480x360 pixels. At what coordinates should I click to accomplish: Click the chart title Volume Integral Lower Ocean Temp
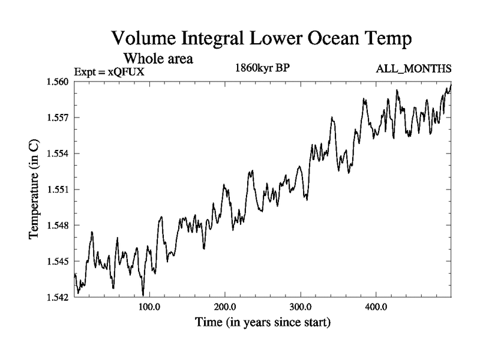tap(262, 40)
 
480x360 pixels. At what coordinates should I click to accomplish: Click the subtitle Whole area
tap(158, 59)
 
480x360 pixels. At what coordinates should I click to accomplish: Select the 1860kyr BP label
tap(262, 68)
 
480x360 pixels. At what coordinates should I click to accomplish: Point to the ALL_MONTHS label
tap(413, 69)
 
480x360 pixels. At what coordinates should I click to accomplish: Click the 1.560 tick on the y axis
tap(59, 82)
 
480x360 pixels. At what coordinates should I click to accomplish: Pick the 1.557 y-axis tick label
tap(59, 118)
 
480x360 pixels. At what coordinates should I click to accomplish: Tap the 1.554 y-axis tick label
tap(59, 154)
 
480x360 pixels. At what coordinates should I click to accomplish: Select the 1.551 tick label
tap(59, 190)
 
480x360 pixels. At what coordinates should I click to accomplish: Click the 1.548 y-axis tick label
tap(59, 226)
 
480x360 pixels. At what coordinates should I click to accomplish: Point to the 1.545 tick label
tap(59, 262)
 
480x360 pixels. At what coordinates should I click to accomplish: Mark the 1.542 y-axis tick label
tap(59, 297)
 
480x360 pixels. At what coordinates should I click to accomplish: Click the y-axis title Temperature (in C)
tap(34, 189)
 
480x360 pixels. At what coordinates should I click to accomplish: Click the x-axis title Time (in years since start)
tap(262, 323)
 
